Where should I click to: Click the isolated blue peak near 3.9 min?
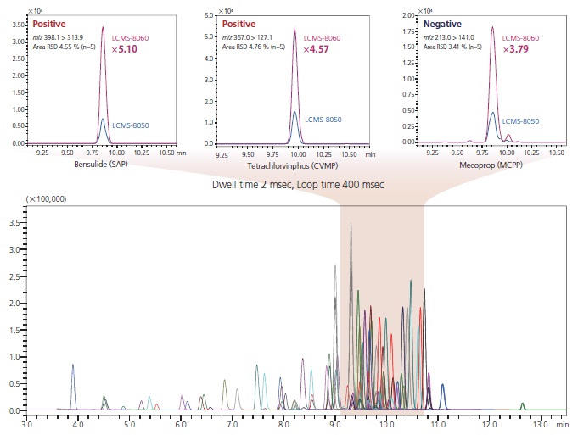73,366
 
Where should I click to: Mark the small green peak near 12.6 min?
523,404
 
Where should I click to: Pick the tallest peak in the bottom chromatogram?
351,225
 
